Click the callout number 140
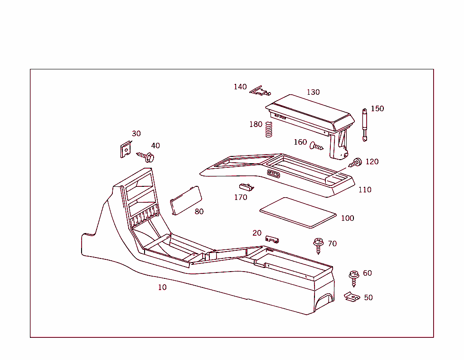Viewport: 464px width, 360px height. (x=240, y=87)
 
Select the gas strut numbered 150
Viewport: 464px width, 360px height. (x=364, y=125)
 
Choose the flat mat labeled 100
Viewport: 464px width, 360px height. (x=298, y=212)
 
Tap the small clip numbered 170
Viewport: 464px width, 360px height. (x=246, y=186)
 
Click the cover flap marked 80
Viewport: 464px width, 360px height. (x=185, y=199)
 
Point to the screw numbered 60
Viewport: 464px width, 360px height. (x=353, y=277)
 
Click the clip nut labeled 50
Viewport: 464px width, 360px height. (x=352, y=297)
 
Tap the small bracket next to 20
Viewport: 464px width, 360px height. (x=272, y=239)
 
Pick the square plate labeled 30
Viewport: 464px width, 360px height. (x=126, y=149)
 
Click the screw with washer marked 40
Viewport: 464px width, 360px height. (x=145, y=157)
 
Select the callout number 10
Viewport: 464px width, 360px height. (x=162, y=287)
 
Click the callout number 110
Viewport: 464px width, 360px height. (x=365, y=190)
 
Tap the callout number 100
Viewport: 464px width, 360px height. (x=348, y=218)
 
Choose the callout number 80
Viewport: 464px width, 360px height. (x=199, y=211)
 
